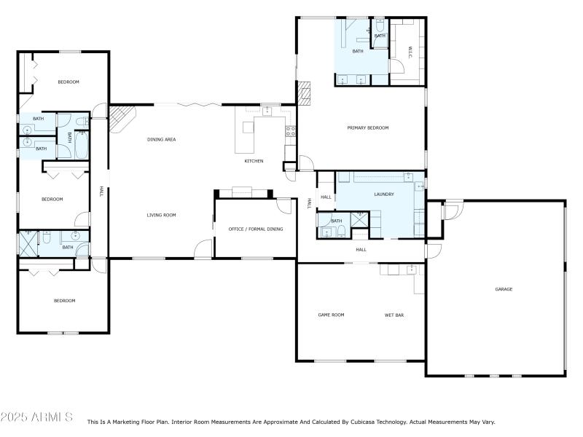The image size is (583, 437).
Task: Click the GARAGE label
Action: (x=504, y=289)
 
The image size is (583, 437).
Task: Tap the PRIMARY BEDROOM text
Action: (x=367, y=128)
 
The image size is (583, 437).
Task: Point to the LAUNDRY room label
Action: (x=383, y=194)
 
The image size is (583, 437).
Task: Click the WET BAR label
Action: (x=394, y=315)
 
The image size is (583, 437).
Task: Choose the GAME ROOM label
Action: (x=331, y=315)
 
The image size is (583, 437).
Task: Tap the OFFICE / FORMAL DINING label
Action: (x=255, y=229)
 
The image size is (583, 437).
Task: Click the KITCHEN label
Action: (x=254, y=161)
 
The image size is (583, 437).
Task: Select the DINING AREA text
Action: (x=162, y=139)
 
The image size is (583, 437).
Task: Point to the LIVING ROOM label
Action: (x=161, y=215)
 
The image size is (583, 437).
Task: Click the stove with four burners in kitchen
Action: (x=290, y=132)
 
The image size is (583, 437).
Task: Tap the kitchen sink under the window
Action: (x=267, y=111)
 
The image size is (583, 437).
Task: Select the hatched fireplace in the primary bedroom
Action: (x=304, y=92)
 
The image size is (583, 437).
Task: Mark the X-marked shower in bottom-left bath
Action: (x=27, y=243)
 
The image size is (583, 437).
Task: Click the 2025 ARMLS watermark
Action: (x=36, y=417)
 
